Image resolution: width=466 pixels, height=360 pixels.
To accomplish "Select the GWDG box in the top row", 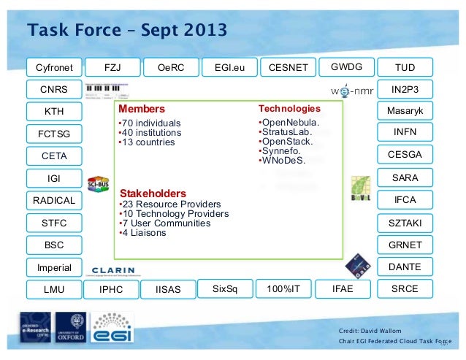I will (346, 68).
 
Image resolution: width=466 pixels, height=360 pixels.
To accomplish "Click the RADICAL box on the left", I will (54, 200).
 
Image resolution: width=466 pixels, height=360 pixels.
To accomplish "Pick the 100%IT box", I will (283, 289).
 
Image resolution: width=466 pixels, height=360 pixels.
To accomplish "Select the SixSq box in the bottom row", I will (224, 289).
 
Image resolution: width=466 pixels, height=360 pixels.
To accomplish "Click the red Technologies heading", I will (290, 108).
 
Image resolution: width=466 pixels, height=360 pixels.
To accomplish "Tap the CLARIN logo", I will (113, 269).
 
